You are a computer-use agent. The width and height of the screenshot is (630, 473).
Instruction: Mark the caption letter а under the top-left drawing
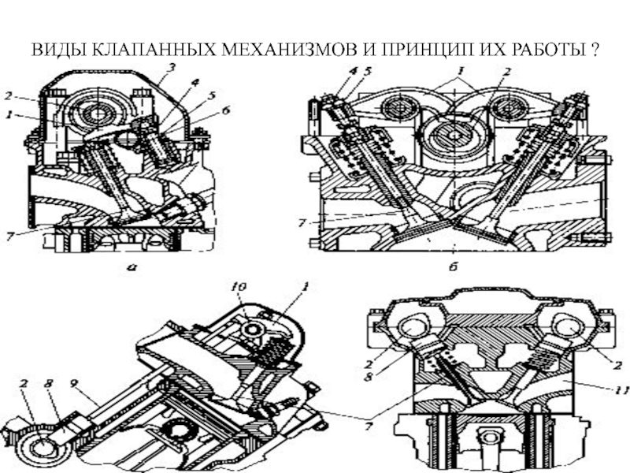pos(132,266)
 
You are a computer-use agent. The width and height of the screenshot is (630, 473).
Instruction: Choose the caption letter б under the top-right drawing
pos(454,266)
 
